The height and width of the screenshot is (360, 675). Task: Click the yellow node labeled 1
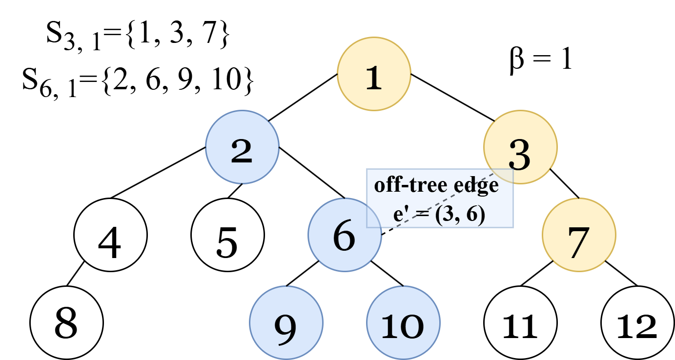374,74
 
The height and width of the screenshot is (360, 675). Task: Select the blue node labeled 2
242,147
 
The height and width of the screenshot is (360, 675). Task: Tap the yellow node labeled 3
520,147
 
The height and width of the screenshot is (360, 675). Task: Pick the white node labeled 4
110,235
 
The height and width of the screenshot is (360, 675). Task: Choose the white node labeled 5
227,235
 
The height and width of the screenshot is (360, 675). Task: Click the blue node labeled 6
345,235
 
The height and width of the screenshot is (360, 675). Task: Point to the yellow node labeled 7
579,235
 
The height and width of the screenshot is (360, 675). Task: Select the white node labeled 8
66,322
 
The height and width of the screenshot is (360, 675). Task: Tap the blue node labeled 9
286,322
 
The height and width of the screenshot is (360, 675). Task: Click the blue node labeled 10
403,322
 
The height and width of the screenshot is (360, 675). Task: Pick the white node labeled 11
520,322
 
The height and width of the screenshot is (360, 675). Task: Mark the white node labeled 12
637,322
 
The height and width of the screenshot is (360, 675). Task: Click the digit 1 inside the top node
374,78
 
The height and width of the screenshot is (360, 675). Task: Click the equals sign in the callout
423,217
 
